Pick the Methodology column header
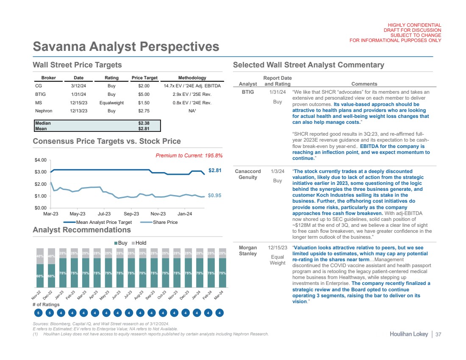coord(192,78)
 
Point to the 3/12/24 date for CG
coord(78,87)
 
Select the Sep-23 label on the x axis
coord(131,214)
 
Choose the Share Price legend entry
coord(164,222)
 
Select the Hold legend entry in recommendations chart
coord(141,243)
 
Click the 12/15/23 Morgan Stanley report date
coord(277,247)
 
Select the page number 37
coord(438,335)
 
